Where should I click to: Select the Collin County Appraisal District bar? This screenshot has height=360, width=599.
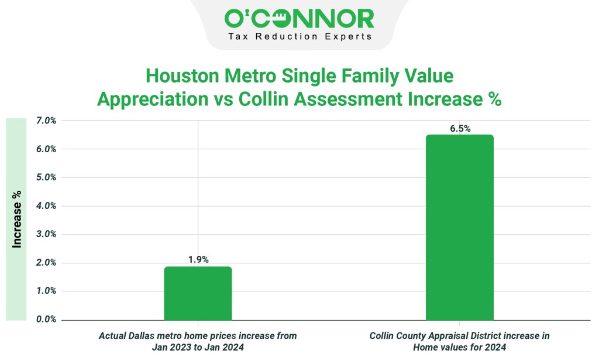pyautogui.click(x=459, y=228)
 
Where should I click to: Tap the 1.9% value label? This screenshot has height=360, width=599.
pyautogui.click(x=198, y=259)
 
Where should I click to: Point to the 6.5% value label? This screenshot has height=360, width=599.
pyautogui.click(x=460, y=128)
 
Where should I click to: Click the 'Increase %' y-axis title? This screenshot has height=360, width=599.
pyautogui.click(x=17, y=218)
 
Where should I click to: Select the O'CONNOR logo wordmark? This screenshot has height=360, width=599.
pyautogui.click(x=299, y=19)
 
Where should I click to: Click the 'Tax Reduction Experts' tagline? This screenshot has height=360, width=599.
pyautogui.click(x=299, y=37)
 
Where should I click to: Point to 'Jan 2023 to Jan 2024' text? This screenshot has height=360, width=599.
pyautogui.click(x=197, y=347)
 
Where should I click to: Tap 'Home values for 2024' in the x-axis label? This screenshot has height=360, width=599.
pyautogui.click(x=459, y=347)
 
